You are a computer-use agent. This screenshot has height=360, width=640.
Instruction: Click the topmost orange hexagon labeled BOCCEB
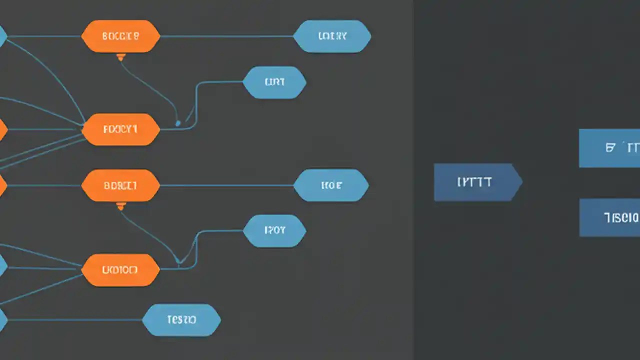click(x=120, y=36)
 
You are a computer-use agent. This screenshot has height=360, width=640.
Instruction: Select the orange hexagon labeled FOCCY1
click(x=120, y=129)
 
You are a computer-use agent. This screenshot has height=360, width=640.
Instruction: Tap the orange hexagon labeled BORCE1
click(x=120, y=185)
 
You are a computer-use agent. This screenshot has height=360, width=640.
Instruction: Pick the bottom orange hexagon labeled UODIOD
click(x=120, y=270)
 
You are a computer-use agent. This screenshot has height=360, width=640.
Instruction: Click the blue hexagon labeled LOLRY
click(x=332, y=36)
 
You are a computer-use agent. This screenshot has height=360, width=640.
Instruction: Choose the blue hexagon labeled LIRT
click(x=274, y=82)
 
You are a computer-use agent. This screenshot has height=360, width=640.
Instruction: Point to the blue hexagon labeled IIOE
click(x=331, y=185)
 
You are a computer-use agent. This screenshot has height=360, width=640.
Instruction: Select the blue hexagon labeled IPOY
click(x=274, y=230)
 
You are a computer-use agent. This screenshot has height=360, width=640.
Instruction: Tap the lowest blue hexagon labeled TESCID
click(x=181, y=319)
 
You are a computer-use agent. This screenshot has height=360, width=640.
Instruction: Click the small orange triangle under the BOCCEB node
click(x=120, y=57)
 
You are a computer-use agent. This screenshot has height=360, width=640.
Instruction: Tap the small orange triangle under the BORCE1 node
click(x=120, y=205)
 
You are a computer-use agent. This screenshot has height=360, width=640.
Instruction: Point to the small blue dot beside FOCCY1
click(x=178, y=123)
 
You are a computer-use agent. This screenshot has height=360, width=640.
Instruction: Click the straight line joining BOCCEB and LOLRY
click(x=225, y=36)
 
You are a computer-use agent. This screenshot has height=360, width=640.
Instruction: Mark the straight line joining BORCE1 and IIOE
click(x=225, y=185)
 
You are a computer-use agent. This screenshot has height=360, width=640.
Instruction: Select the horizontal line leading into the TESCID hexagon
click(x=75, y=319)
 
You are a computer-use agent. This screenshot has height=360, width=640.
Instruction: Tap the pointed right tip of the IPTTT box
click(x=521, y=182)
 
